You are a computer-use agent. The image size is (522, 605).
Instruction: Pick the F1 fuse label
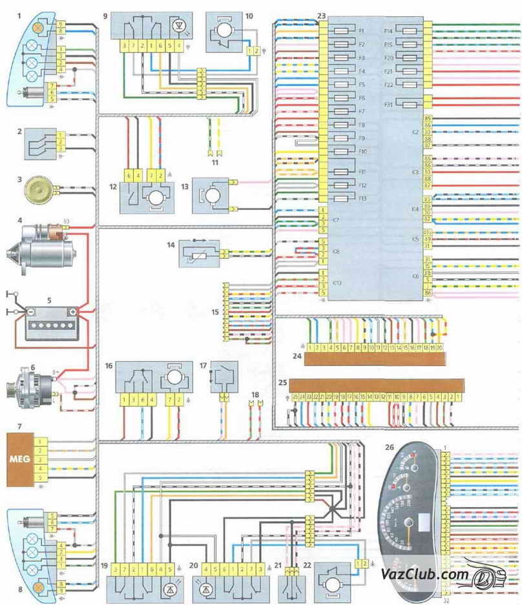tap(362, 31)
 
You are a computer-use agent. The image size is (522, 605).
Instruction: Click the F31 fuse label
tap(389, 103)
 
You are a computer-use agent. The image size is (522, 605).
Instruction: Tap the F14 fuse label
tap(389, 31)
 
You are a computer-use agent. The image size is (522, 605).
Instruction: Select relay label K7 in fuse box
tap(337, 221)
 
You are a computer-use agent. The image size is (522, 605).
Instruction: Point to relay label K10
tap(337, 283)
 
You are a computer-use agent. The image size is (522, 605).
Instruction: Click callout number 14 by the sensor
tap(171, 245)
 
